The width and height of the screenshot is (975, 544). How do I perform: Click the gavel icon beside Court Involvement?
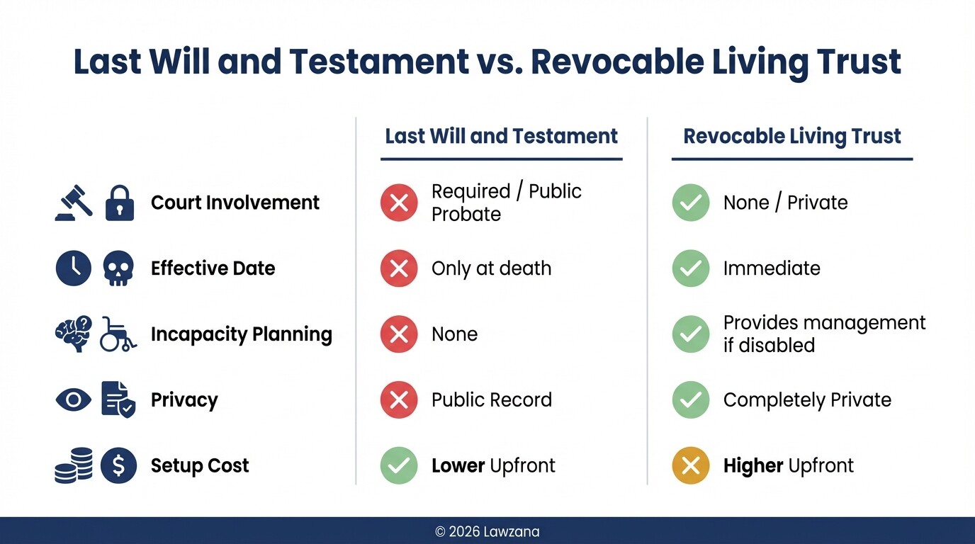coord(74,203)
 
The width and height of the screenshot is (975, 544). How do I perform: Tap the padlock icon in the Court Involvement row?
coord(119,203)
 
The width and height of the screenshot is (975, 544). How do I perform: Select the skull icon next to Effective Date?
coord(118,269)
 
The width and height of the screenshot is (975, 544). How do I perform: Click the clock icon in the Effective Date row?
coord(74,268)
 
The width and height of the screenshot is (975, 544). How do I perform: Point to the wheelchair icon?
coord(118,334)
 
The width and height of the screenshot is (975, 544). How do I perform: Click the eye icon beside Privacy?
coord(74,400)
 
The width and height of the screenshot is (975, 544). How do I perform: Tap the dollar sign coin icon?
coord(118,465)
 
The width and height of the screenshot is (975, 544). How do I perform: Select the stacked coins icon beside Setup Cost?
coord(74,465)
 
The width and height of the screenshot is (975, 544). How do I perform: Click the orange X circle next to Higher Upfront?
coord(690,465)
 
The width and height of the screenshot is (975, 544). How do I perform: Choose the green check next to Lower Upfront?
coord(399,465)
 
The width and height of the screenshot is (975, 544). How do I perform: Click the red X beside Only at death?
coord(399,268)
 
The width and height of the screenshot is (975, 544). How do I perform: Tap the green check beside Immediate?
coord(690,268)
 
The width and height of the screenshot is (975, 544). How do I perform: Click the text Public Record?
coord(491,400)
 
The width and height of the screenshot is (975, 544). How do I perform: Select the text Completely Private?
coord(807,400)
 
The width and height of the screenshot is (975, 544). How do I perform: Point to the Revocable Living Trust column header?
coord(791,136)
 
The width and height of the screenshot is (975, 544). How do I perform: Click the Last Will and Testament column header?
coord(501,136)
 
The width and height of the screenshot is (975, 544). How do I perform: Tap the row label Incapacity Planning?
coord(241,334)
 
